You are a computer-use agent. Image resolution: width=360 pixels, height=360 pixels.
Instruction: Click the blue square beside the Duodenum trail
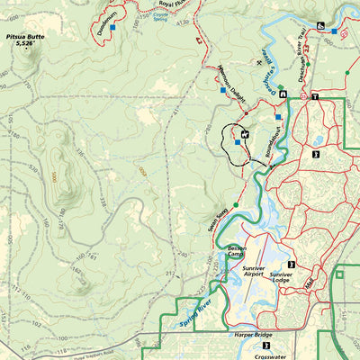pyautogui.click(x=112, y=27)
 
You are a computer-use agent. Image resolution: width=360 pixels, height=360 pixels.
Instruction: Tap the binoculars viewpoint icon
pyautogui.click(x=322, y=25)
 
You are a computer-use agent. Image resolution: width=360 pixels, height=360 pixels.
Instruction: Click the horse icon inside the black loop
pyautogui.click(x=244, y=134)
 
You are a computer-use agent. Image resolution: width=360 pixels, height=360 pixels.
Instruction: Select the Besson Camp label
pyautogui.click(x=237, y=251)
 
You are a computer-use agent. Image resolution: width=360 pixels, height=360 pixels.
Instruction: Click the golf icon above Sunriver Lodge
pyautogui.click(x=291, y=265)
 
